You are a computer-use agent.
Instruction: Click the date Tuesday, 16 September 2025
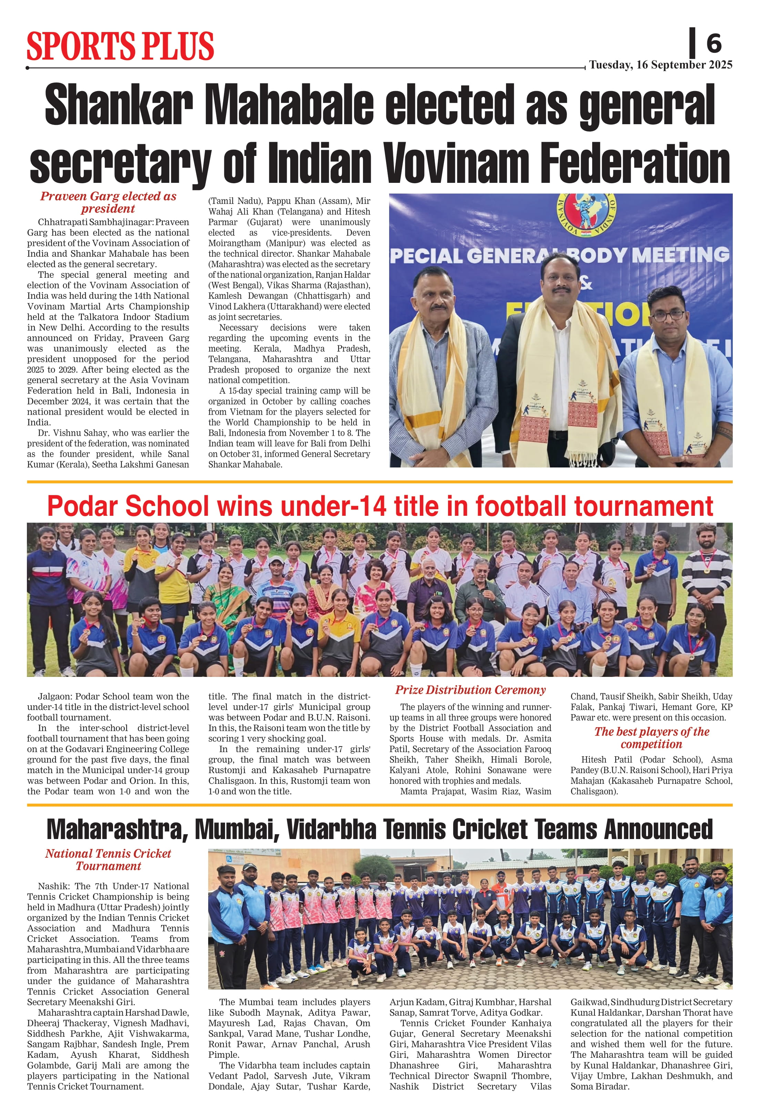point(660,65)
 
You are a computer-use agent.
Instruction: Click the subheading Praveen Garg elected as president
point(108,202)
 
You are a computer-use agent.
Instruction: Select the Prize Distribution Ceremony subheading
point(470,690)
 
